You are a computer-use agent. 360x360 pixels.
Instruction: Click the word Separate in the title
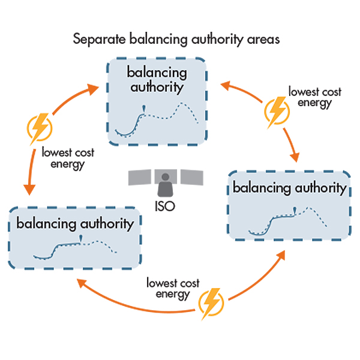(x=94, y=40)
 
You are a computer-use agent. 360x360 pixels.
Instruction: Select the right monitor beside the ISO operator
(x=192, y=178)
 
